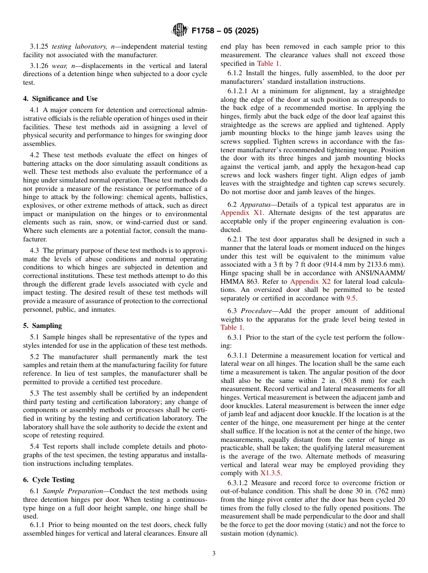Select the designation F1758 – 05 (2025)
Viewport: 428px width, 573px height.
225,31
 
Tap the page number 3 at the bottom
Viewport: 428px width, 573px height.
214,553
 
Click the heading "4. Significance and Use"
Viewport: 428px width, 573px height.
60,99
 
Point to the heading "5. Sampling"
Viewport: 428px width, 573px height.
42,326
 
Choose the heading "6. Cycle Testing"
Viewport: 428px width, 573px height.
49,480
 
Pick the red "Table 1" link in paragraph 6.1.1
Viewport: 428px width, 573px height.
268,64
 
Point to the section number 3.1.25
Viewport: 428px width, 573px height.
40,46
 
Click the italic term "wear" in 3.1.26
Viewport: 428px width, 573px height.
59,66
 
